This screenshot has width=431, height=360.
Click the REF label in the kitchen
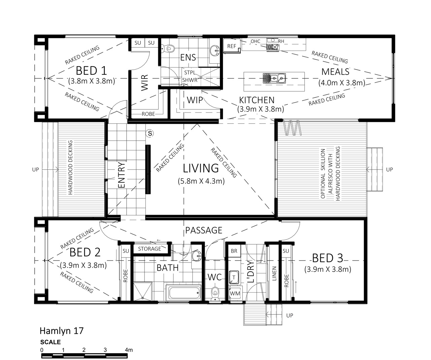click(231, 46)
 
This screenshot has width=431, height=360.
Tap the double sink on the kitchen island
click(274, 78)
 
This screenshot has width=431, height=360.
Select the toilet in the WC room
click(215, 294)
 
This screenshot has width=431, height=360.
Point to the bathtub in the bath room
click(183, 293)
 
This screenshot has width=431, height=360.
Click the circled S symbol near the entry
click(150, 133)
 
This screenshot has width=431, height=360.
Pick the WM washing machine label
click(235, 293)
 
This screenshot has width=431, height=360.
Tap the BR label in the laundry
click(234, 251)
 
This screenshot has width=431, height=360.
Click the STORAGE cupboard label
click(150, 249)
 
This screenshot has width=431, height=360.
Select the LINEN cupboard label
click(274, 273)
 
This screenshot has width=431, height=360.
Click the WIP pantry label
click(195, 100)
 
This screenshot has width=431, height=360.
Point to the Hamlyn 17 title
click(62, 331)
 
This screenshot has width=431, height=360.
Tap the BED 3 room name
click(328, 258)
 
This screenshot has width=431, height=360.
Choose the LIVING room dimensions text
click(201, 181)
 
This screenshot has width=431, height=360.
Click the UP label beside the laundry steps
click(290, 316)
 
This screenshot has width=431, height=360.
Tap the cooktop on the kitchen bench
click(273, 47)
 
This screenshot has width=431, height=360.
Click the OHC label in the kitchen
click(255, 41)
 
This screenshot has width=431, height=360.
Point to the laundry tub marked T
click(234, 277)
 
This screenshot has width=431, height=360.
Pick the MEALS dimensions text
click(342, 83)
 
